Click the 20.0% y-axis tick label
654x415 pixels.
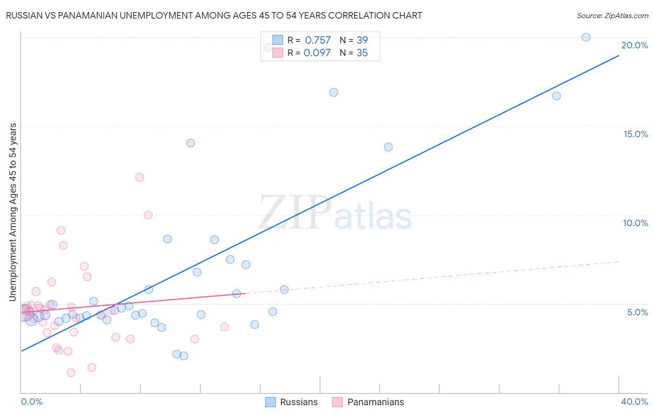coord(634,45)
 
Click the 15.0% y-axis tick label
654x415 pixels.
coord(635,134)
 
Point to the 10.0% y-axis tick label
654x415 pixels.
coord(635,223)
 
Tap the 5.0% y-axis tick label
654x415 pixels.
coord(637,312)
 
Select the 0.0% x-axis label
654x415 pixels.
coord(32,402)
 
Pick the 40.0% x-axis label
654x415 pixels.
coord(634,402)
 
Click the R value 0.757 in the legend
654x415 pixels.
coord(318,40)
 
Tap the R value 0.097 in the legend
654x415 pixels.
coord(317,53)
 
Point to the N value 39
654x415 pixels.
coord(362,40)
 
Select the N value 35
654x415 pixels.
coord(362,53)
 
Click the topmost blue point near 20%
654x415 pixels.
coord(586,37)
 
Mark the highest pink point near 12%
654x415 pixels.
coord(140,177)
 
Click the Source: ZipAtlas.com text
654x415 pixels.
coord(612,16)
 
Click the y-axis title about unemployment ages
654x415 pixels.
coord(13,212)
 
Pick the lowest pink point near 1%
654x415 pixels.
coord(71,373)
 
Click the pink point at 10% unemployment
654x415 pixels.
coord(148,215)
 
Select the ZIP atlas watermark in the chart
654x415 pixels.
coord(335,213)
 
